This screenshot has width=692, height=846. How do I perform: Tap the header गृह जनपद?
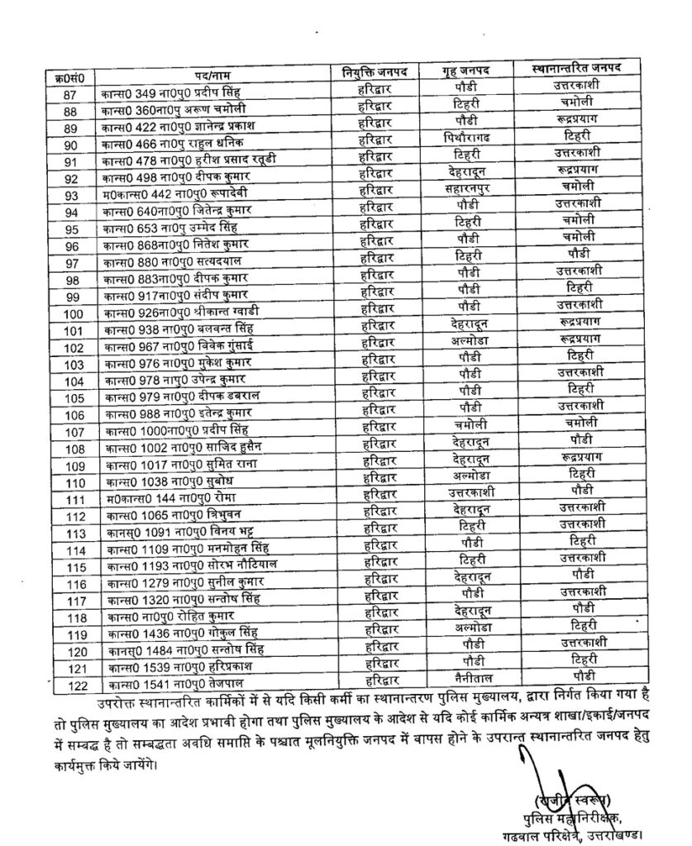pos(462,72)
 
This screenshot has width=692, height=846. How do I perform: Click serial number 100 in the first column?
pos(72,314)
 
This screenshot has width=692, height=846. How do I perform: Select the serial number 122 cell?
pos(72,685)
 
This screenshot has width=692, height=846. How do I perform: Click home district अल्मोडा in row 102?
pos(465,346)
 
